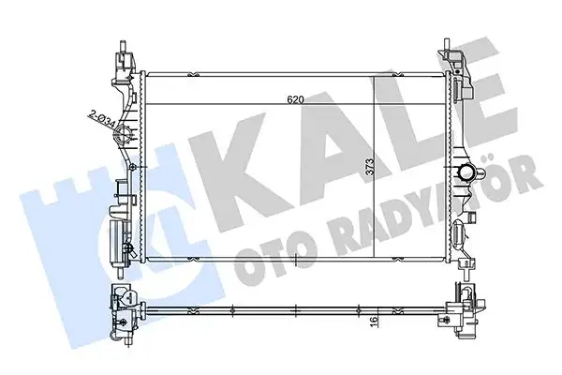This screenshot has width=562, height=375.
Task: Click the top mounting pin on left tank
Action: [121, 46]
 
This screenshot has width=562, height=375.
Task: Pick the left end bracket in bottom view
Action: [123, 312]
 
